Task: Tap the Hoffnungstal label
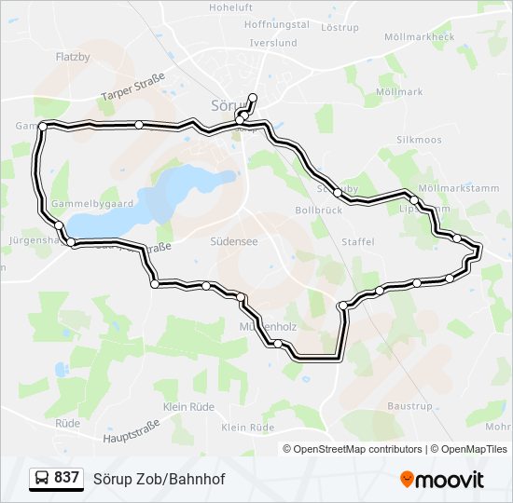point(276,25)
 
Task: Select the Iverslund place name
point(273,43)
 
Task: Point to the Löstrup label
point(339,28)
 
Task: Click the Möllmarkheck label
point(424,37)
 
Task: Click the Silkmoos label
point(419,139)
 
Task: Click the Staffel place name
point(358,242)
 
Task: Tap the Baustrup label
point(409,407)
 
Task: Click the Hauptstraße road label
point(132,430)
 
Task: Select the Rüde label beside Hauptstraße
point(67,423)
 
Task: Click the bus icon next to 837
point(42,478)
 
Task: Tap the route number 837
point(66,478)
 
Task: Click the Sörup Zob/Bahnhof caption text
point(159,478)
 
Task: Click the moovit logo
point(442,480)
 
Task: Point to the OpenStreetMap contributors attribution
point(357,449)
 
